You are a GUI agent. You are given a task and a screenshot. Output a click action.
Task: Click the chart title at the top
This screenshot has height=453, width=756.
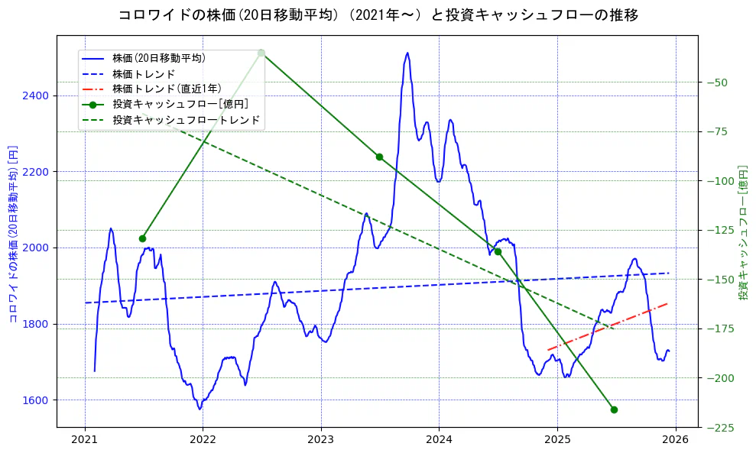click(x=378, y=15)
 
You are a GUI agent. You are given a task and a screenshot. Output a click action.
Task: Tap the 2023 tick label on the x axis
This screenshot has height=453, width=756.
click(x=321, y=439)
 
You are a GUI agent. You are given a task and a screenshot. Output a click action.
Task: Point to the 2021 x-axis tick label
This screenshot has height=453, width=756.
click(x=85, y=439)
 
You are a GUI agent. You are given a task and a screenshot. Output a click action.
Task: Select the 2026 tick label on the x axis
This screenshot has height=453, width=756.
click(x=675, y=439)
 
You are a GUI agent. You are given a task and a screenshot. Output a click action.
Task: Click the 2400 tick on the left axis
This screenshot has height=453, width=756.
click(x=36, y=95)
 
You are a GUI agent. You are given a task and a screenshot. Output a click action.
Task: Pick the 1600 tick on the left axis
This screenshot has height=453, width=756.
click(x=36, y=400)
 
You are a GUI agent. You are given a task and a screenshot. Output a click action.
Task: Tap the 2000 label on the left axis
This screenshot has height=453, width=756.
click(x=36, y=248)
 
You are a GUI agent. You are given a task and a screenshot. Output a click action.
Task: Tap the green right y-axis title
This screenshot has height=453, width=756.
click(x=742, y=233)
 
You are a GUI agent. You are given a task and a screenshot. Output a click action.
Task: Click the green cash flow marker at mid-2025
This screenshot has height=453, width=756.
click(x=614, y=409)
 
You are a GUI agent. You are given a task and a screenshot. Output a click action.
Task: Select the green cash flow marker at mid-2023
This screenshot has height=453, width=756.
click(x=379, y=157)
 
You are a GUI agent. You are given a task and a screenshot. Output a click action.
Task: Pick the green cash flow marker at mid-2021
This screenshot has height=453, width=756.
click(x=142, y=238)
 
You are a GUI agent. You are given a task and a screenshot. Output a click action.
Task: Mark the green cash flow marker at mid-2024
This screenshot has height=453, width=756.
click(x=498, y=251)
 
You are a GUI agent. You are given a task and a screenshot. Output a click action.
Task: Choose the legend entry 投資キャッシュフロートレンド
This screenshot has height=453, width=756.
click(x=186, y=120)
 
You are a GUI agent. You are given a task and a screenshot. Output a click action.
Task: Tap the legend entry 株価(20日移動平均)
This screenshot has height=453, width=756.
click(x=158, y=57)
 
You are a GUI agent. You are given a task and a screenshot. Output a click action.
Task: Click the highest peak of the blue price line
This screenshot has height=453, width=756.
click(x=407, y=53)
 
